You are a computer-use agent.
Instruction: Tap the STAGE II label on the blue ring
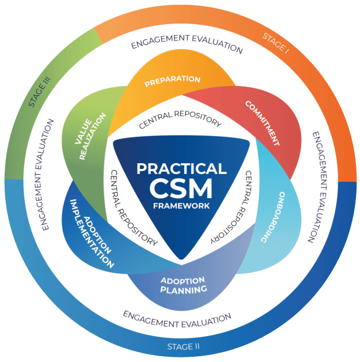click(x=184, y=346)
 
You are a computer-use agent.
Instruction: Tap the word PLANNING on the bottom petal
click(x=184, y=289)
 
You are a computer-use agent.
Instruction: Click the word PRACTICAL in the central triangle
click(x=181, y=169)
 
